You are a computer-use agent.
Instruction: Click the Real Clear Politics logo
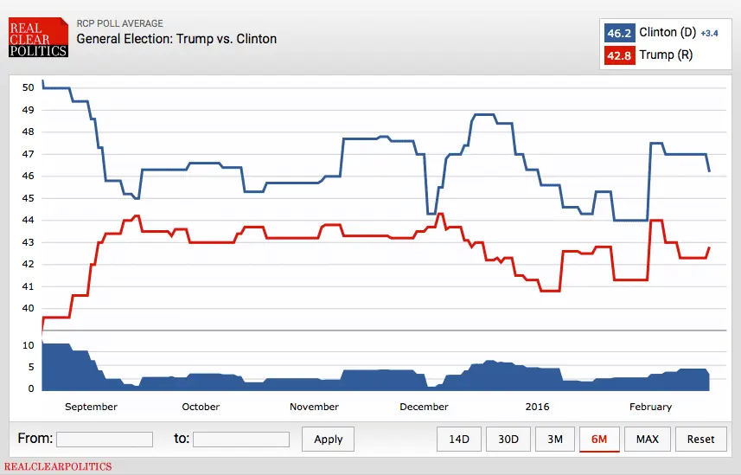coord(38,39)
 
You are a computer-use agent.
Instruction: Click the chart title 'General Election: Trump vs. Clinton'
coord(176,39)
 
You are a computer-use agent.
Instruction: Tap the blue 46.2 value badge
coord(619,33)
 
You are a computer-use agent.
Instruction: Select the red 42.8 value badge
coord(619,55)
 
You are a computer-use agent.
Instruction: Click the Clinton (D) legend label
coord(668,33)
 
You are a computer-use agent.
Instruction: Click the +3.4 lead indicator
coord(709,34)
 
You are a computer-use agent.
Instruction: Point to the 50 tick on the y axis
coord(28,87)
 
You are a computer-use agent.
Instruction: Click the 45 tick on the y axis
coord(28,198)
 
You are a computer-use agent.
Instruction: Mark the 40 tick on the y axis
coord(28,309)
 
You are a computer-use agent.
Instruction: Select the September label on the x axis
coord(91,407)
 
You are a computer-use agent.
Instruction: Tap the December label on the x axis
coord(424,407)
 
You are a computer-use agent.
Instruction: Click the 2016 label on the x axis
coord(537,407)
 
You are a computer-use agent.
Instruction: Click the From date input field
coord(105,440)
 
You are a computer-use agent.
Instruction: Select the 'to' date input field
coord(241,440)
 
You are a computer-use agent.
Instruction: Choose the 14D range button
coord(458,440)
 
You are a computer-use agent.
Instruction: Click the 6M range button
coord(599,440)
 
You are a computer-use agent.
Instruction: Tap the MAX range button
coord(647,440)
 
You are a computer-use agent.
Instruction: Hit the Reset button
coord(700,440)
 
